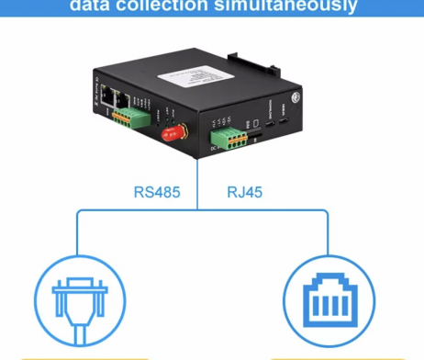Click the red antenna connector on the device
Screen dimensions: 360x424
point(171,134)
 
